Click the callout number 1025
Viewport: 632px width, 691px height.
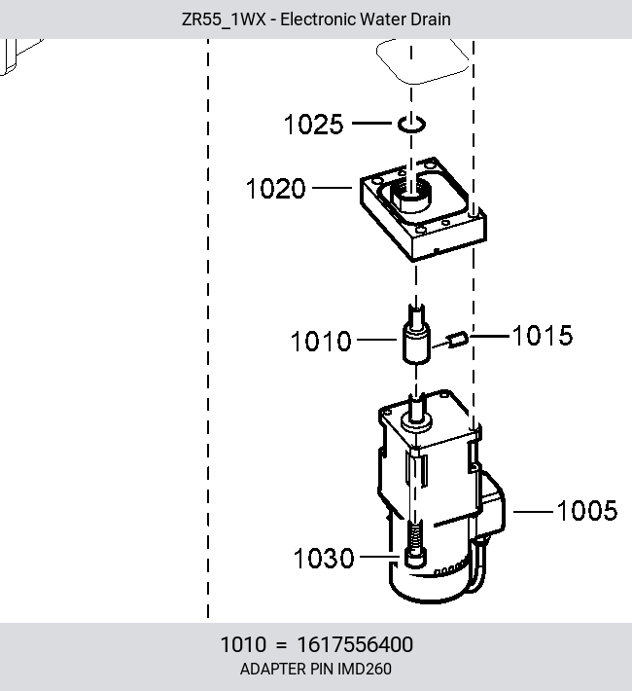pos(313,124)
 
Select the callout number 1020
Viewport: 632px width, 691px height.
pos(276,189)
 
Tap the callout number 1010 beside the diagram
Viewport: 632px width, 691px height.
pos(321,341)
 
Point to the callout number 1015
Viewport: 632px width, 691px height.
pos(543,336)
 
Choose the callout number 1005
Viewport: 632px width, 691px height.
pos(587,511)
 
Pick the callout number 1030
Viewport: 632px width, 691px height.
pos(324,559)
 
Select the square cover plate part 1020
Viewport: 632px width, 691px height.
pos(423,209)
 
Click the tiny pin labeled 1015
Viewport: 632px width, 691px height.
pos(458,339)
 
